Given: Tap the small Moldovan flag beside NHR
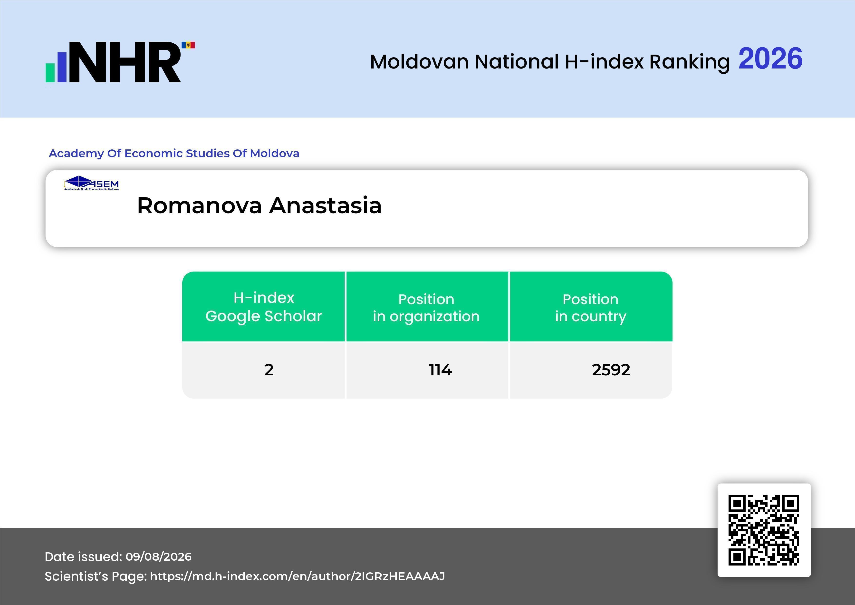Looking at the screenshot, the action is pyautogui.click(x=188, y=45).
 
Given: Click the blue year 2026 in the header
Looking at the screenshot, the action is pyautogui.click(x=770, y=59).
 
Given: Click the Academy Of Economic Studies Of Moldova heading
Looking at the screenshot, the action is pyautogui.click(x=174, y=154).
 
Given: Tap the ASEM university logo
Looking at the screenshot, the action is pyautogui.click(x=91, y=183).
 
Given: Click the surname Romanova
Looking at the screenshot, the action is pyautogui.click(x=200, y=206).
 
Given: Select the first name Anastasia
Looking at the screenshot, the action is pyautogui.click(x=326, y=206).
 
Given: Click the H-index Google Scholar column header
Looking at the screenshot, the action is pyautogui.click(x=264, y=307).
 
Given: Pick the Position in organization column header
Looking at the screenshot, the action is pyautogui.click(x=426, y=308).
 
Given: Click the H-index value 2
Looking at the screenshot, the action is pyautogui.click(x=269, y=370).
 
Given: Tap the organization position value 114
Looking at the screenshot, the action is pyautogui.click(x=440, y=370).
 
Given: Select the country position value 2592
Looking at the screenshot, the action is pyautogui.click(x=611, y=370).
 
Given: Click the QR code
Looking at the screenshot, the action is pyautogui.click(x=764, y=530).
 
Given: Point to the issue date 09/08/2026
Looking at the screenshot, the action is pyautogui.click(x=159, y=556).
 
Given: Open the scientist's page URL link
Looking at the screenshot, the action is pyautogui.click(x=298, y=576).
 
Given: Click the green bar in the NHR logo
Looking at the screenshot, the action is pyautogui.click(x=50, y=73).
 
